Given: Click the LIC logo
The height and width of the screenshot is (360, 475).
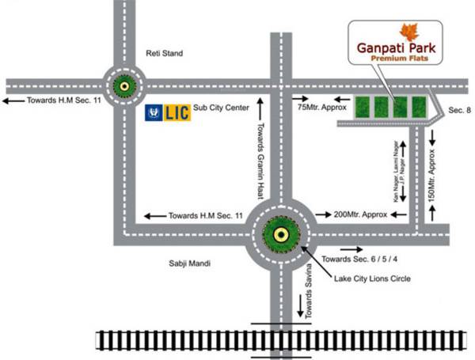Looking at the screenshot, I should click(x=168, y=112).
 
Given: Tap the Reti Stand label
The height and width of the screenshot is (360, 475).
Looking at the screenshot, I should click(x=164, y=54).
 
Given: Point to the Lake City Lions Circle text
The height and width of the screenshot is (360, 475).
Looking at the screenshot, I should click(x=372, y=279).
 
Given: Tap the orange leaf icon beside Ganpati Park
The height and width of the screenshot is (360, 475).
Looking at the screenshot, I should click(x=409, y=32).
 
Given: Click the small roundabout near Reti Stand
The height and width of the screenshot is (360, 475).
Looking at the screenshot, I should click(x=123, y=83).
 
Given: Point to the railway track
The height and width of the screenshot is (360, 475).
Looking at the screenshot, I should click(x=285, y=341).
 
